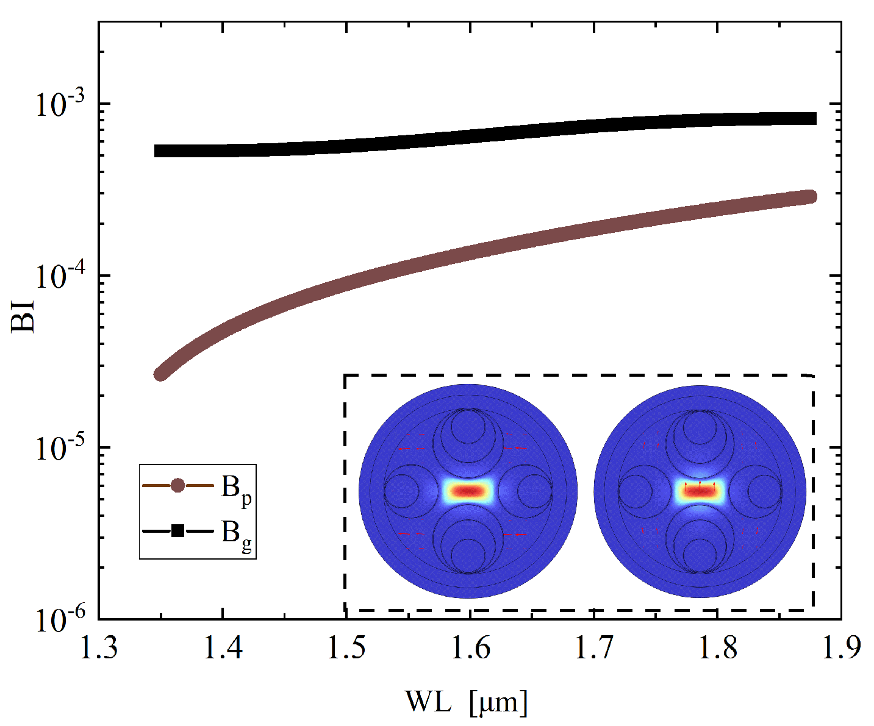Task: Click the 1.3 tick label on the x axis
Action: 99,649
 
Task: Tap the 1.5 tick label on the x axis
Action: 346,649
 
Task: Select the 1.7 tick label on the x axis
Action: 594,649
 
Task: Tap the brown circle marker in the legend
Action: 177,486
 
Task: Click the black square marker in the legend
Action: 177,531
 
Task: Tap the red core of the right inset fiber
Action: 700,491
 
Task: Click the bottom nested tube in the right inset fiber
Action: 700,546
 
